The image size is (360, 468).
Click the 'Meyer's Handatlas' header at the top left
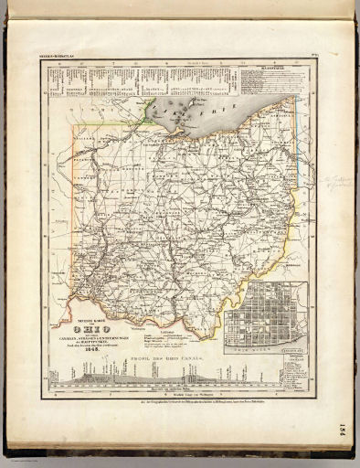coord(58,58)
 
